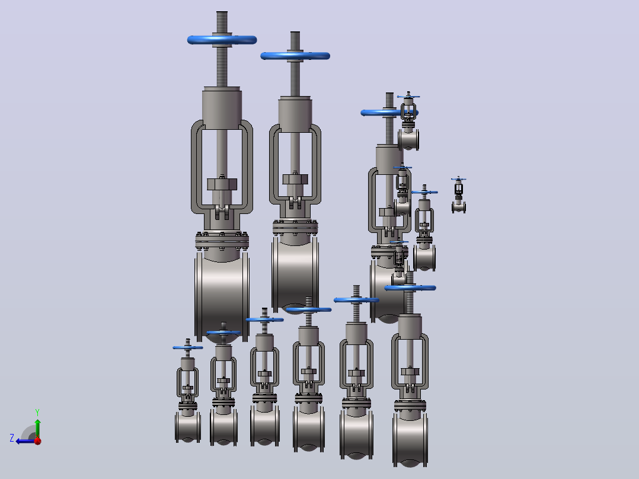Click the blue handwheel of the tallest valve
[x=222, y=40]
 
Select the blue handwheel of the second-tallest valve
[x=295, y=56]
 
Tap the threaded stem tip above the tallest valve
[x=222, y=14]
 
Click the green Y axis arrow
[x=37, y=428]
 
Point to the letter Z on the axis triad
[x=12, y=438]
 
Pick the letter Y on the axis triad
[x=37, y=412]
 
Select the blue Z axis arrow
[x=25, y=441]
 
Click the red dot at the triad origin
[x=38, y=441]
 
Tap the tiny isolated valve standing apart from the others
[x=458, y=196]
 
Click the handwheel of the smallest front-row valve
[x=187, y=348]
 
